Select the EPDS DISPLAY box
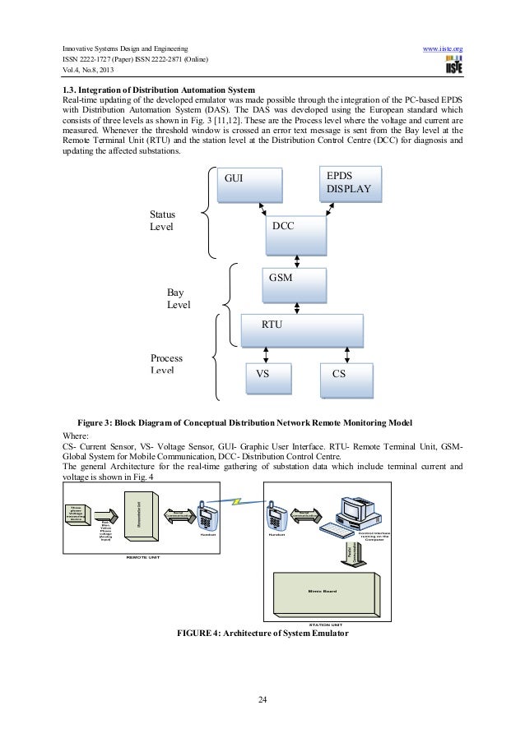click(x=349, y=184)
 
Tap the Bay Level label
click(x=179, y=298)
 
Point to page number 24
click(x=262, y=699)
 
